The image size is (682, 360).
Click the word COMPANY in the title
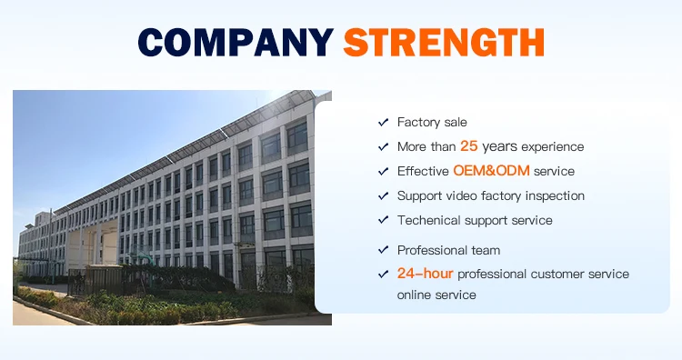[x=236, y=42]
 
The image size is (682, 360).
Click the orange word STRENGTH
[x=444, y=42]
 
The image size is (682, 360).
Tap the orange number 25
[x=469, y=146]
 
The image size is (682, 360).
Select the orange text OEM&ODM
[x=491, y=170]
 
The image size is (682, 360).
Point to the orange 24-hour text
[x=425, y=274]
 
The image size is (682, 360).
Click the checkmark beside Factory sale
[x=383, y=122]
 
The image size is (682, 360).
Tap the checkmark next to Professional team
[x=383, y=250]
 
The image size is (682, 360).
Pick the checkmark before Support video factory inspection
[x=383, y=195]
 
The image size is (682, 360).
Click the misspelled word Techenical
[x=429, y=220]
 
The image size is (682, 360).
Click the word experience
[x=552, y=147]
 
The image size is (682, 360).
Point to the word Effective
[x=423, y=171]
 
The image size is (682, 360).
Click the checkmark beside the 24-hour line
[x=383, y=274]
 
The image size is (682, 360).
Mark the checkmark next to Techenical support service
[x=383, y=220]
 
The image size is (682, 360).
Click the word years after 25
[x=499, y=147]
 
